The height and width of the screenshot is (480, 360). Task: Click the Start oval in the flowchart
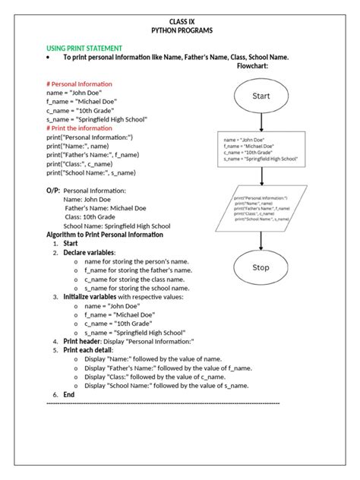(261, 96)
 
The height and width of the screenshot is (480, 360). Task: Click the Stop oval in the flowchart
(261, 267)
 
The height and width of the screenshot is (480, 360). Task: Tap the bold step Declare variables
(89, 252)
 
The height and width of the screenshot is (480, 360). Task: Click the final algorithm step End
(69, 395)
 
